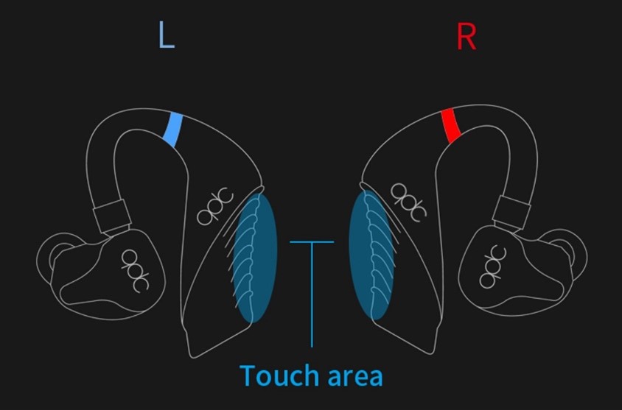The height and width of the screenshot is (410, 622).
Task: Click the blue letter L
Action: tap(167, 36)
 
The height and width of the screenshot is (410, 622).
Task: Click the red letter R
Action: tap(466, 36)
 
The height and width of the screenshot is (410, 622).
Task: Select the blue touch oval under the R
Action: tap(369, 255)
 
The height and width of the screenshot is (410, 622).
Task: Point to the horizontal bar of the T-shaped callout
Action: tap(312, 241)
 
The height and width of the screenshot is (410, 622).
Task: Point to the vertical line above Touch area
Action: tap(312, 294)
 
